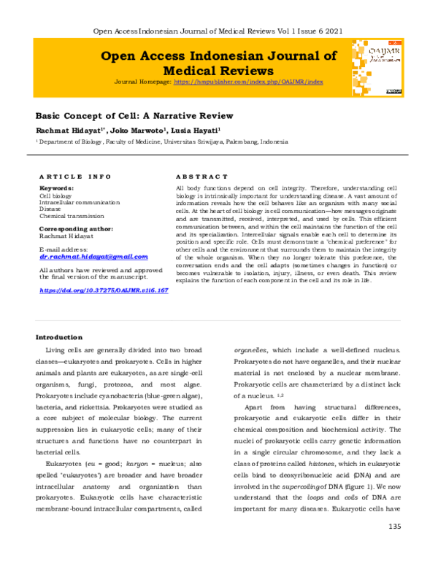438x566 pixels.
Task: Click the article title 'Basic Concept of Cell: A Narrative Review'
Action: point(134,115)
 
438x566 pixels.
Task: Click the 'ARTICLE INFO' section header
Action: point(74,177)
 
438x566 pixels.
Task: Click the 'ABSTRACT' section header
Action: point(202,177)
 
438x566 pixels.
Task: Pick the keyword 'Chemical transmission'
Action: point(72,216)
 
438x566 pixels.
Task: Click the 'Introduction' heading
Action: point(59,337)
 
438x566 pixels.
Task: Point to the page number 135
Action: point(395,547)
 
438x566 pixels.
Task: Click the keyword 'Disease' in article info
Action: point(50,209)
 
